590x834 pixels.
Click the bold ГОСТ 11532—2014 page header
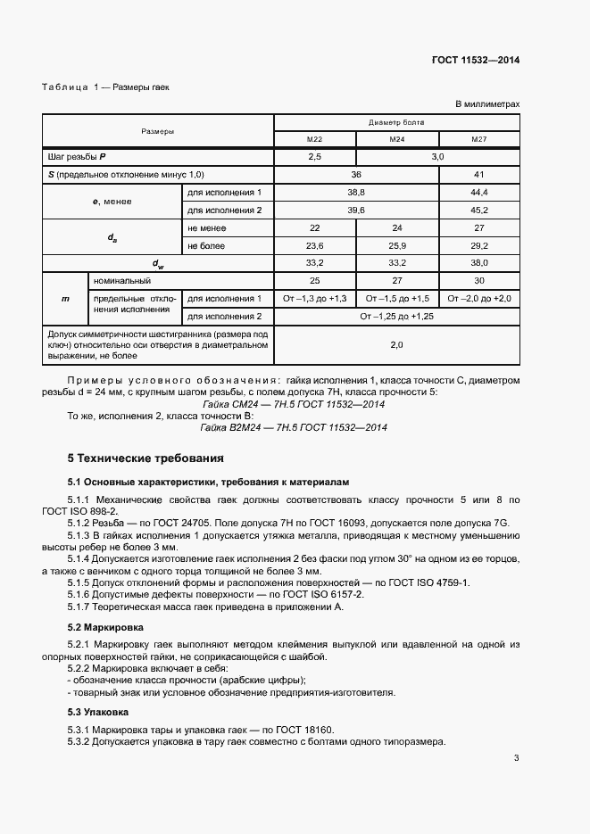476,61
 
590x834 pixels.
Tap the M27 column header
478,139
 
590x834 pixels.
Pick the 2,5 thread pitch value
314,157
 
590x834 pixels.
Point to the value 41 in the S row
478,175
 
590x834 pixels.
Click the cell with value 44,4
478,193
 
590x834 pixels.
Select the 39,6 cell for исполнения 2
355,210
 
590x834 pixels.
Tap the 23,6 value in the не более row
314,245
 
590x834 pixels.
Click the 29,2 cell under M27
478,245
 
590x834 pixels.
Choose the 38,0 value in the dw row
478,263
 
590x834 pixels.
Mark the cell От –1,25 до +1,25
396,316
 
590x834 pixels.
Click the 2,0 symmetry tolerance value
396,344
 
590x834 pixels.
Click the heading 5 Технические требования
145,458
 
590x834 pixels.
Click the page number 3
516,759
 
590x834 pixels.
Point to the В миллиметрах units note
487,104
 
